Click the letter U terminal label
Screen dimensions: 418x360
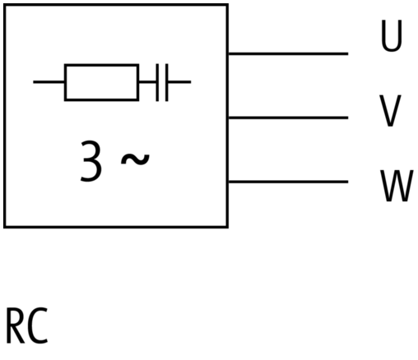click(x=392, y=35)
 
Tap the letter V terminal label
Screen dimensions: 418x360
click(x=390, y=111)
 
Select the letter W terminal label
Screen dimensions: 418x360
click(x=397, y=186)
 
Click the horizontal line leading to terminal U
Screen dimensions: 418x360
click(x=288, y=53)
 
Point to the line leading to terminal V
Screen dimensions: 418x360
click(x=288, y=118)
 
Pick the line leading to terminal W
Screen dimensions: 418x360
click(x=288, y=182)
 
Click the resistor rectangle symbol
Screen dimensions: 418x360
click(x=101, y=82)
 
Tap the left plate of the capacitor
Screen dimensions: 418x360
click(x=157, y=82)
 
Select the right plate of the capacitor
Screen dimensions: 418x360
click(x=167, y=82)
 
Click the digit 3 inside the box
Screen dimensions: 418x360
click(x=91, y=161)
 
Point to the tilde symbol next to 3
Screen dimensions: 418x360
click(x=135, y=159)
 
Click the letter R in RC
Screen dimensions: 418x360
click(x=16, y=326)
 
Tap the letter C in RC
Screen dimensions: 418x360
click(x=38, y=326)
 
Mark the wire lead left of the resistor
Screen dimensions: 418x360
click(x=49, y=82)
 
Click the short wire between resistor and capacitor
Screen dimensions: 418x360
click(x=147, y=82)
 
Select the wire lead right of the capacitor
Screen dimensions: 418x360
click(x=179, y=82)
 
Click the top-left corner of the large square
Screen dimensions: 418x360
click(x=4, y=5)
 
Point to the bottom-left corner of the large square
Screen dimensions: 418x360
click(x=4, y=227)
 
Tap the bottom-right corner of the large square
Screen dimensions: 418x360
click(x=228, y=227)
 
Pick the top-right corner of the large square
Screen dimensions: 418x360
click(x=228, y=5)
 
